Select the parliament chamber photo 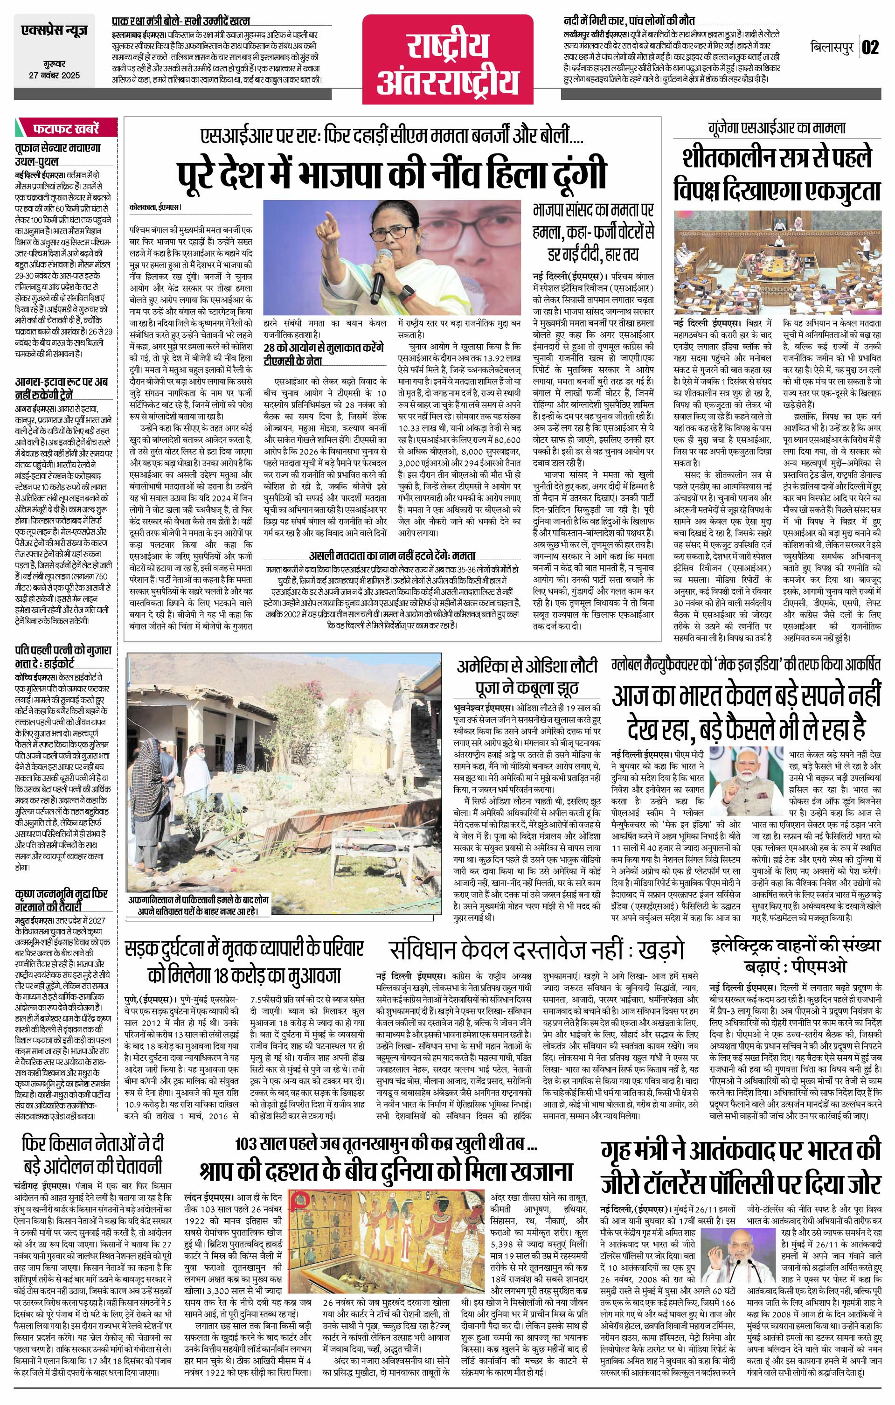coord(776,261)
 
